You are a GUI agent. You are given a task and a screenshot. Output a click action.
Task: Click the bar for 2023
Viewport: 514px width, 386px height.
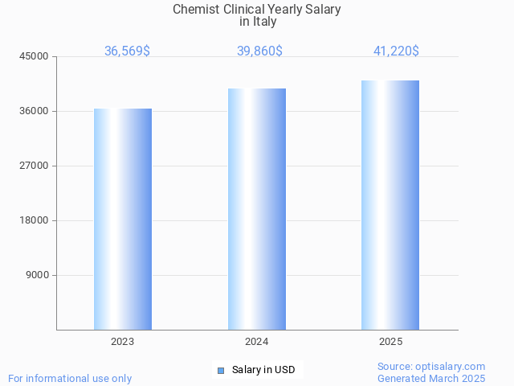pyautogui.click(x=123, y=219)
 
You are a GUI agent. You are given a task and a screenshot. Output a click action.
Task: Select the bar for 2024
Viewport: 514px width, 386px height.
pyautogui.click(x=257, y=209)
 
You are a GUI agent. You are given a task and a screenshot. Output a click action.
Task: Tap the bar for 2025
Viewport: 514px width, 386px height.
pyautogui.click(x=390, y=205)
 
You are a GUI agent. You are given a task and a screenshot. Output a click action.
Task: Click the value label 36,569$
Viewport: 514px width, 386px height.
pyautogui.click(x=127, y=51)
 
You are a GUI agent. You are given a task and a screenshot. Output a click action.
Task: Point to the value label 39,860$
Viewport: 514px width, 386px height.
pyautogui.click(x=259, y=51)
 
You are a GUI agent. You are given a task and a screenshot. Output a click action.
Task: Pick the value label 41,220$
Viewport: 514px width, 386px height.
pyautogui.click(x=396, y=51)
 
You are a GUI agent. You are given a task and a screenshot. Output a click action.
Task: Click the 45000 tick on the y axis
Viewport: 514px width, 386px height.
pyautogui.click(x=35, y=56)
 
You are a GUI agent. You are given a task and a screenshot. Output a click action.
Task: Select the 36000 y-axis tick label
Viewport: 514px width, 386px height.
pyautogui.click(x=35, y=111)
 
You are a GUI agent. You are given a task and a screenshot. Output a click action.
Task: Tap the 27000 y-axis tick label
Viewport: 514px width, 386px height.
pyautogui.click(x=35, y=166)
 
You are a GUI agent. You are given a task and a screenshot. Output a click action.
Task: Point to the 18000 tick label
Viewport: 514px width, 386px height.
pyautogui.click(x=35, y=220)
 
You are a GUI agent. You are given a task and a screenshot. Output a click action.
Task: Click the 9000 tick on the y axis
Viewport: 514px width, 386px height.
pyautogui.click(x=37, y=275)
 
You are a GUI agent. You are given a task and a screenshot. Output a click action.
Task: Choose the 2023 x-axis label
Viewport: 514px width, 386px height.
pyautogui.click(x=123, y=342)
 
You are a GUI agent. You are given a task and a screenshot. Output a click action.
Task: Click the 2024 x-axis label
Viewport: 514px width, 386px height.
pyautogui.click(x=257, y=342)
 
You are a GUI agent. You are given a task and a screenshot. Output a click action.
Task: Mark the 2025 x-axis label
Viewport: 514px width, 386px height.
pyautogui.click(x=391, y=342)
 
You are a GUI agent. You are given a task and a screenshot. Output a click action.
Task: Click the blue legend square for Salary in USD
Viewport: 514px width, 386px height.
pyautogui.click(x=221, y=371)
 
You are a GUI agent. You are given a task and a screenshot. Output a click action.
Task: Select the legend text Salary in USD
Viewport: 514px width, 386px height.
pyautogui.click(x=263, y=370)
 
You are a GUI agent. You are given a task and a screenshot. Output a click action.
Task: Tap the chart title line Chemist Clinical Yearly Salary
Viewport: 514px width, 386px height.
pyautogui.click(x=257, y=10)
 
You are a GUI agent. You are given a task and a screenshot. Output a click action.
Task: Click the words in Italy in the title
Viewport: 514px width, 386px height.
pyautogui.click(x=257, y=22)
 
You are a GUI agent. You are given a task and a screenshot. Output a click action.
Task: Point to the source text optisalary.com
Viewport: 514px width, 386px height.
pyautogui.click(x=431, y=366)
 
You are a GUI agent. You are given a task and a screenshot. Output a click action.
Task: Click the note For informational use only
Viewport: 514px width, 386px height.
pyautogui.click(x=70, y=378)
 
